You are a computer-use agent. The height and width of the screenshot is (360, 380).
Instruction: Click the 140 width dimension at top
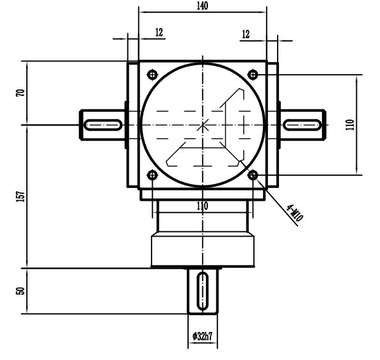point(203,6)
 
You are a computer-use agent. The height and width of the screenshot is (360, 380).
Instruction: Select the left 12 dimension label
point(159,33)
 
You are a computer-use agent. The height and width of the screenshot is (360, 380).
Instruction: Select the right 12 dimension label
point(246,34)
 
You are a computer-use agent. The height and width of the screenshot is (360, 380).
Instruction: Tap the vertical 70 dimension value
point(20,93)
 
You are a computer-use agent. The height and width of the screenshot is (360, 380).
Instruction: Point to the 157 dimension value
point(20,196)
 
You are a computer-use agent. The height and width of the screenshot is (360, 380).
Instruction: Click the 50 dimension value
point(20,290)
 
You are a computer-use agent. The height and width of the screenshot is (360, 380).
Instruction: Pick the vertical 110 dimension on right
point(349,124)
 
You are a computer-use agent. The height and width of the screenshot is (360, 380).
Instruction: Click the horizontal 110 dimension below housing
point(202,206)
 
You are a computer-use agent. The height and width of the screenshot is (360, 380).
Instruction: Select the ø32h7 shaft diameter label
point(202,335)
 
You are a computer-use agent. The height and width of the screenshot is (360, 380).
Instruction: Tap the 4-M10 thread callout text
point(294,212)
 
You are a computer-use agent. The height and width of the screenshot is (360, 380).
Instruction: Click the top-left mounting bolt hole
point(152,75)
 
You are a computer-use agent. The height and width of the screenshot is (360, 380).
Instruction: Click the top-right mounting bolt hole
point(253,75)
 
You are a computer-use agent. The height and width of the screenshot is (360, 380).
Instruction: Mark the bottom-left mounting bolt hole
point(152,175)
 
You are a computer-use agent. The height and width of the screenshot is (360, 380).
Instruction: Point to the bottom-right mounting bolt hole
point(253,175)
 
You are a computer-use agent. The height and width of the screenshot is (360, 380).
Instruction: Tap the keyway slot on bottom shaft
point(203,291)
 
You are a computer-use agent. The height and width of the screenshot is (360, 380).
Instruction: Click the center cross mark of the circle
point(203,125)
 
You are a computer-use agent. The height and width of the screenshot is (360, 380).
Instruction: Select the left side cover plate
point(132,125)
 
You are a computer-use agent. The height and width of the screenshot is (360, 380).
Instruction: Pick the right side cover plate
point(273,125)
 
